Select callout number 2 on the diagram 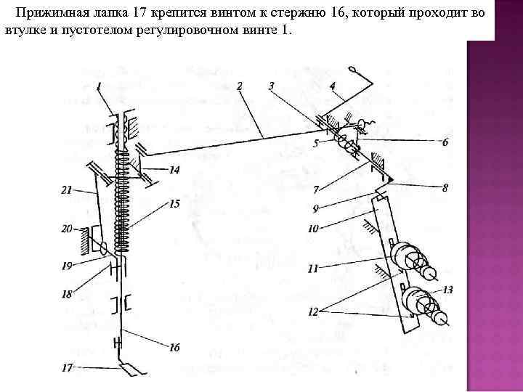240,86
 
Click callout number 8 445,187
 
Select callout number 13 448,290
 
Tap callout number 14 174,171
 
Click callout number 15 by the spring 174,205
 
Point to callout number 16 174,348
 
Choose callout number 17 67,368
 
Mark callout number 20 67,229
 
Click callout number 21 67,191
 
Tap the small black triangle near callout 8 390,178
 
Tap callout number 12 312,312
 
